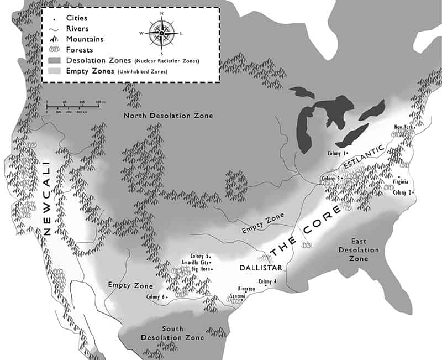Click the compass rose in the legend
[161, 33]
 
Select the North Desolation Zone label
[168, 116]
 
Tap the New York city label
[403, 127]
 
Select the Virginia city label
[401, 181]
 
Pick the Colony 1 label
[336, 153]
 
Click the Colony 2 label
[403, 192]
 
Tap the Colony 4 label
[268, 282]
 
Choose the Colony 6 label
[157, 298]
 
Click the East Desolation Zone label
[364, 250]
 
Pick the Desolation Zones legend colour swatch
[54, 60]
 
